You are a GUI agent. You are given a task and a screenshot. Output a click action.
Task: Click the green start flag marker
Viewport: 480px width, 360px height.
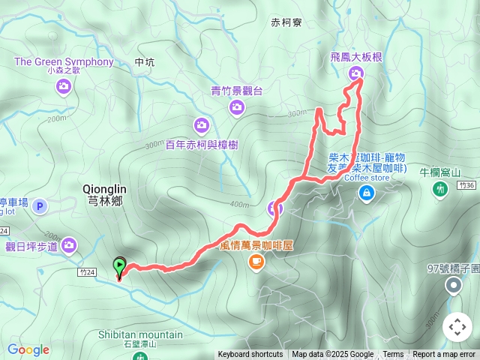point(118,265)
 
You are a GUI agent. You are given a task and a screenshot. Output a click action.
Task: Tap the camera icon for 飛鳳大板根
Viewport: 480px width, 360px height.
point(355,73)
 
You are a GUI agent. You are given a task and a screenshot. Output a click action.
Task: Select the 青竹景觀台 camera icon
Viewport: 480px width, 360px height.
point(236,109)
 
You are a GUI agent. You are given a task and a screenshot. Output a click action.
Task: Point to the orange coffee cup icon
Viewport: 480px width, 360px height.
point(256,261)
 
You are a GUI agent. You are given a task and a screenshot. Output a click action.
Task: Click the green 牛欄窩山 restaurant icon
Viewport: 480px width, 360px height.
point(440,189)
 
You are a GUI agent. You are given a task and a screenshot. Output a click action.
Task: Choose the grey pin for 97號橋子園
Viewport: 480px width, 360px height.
point(453,285)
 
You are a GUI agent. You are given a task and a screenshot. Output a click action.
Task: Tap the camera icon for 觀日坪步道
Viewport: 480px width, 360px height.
point(70,244)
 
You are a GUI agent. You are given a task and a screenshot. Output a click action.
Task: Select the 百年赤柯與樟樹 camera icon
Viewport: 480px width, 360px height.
point(201,125)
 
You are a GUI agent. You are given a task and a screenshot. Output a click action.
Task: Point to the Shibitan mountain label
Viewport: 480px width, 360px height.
point(140,334)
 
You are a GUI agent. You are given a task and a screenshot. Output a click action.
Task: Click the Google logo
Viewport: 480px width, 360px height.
point(28,349)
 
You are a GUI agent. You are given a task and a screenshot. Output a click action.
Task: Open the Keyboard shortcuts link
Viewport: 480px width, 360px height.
point(250,355)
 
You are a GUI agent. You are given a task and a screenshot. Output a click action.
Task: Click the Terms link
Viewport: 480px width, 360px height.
point(393,355)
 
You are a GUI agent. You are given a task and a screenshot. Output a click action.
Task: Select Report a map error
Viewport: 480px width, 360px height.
point(445,355)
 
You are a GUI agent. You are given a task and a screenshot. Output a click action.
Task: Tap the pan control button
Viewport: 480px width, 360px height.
point(457,327)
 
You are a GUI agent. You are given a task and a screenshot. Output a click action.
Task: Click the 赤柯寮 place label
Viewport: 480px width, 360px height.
point(286,23)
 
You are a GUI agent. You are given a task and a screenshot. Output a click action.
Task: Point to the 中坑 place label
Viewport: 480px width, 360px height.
point(144,62)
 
